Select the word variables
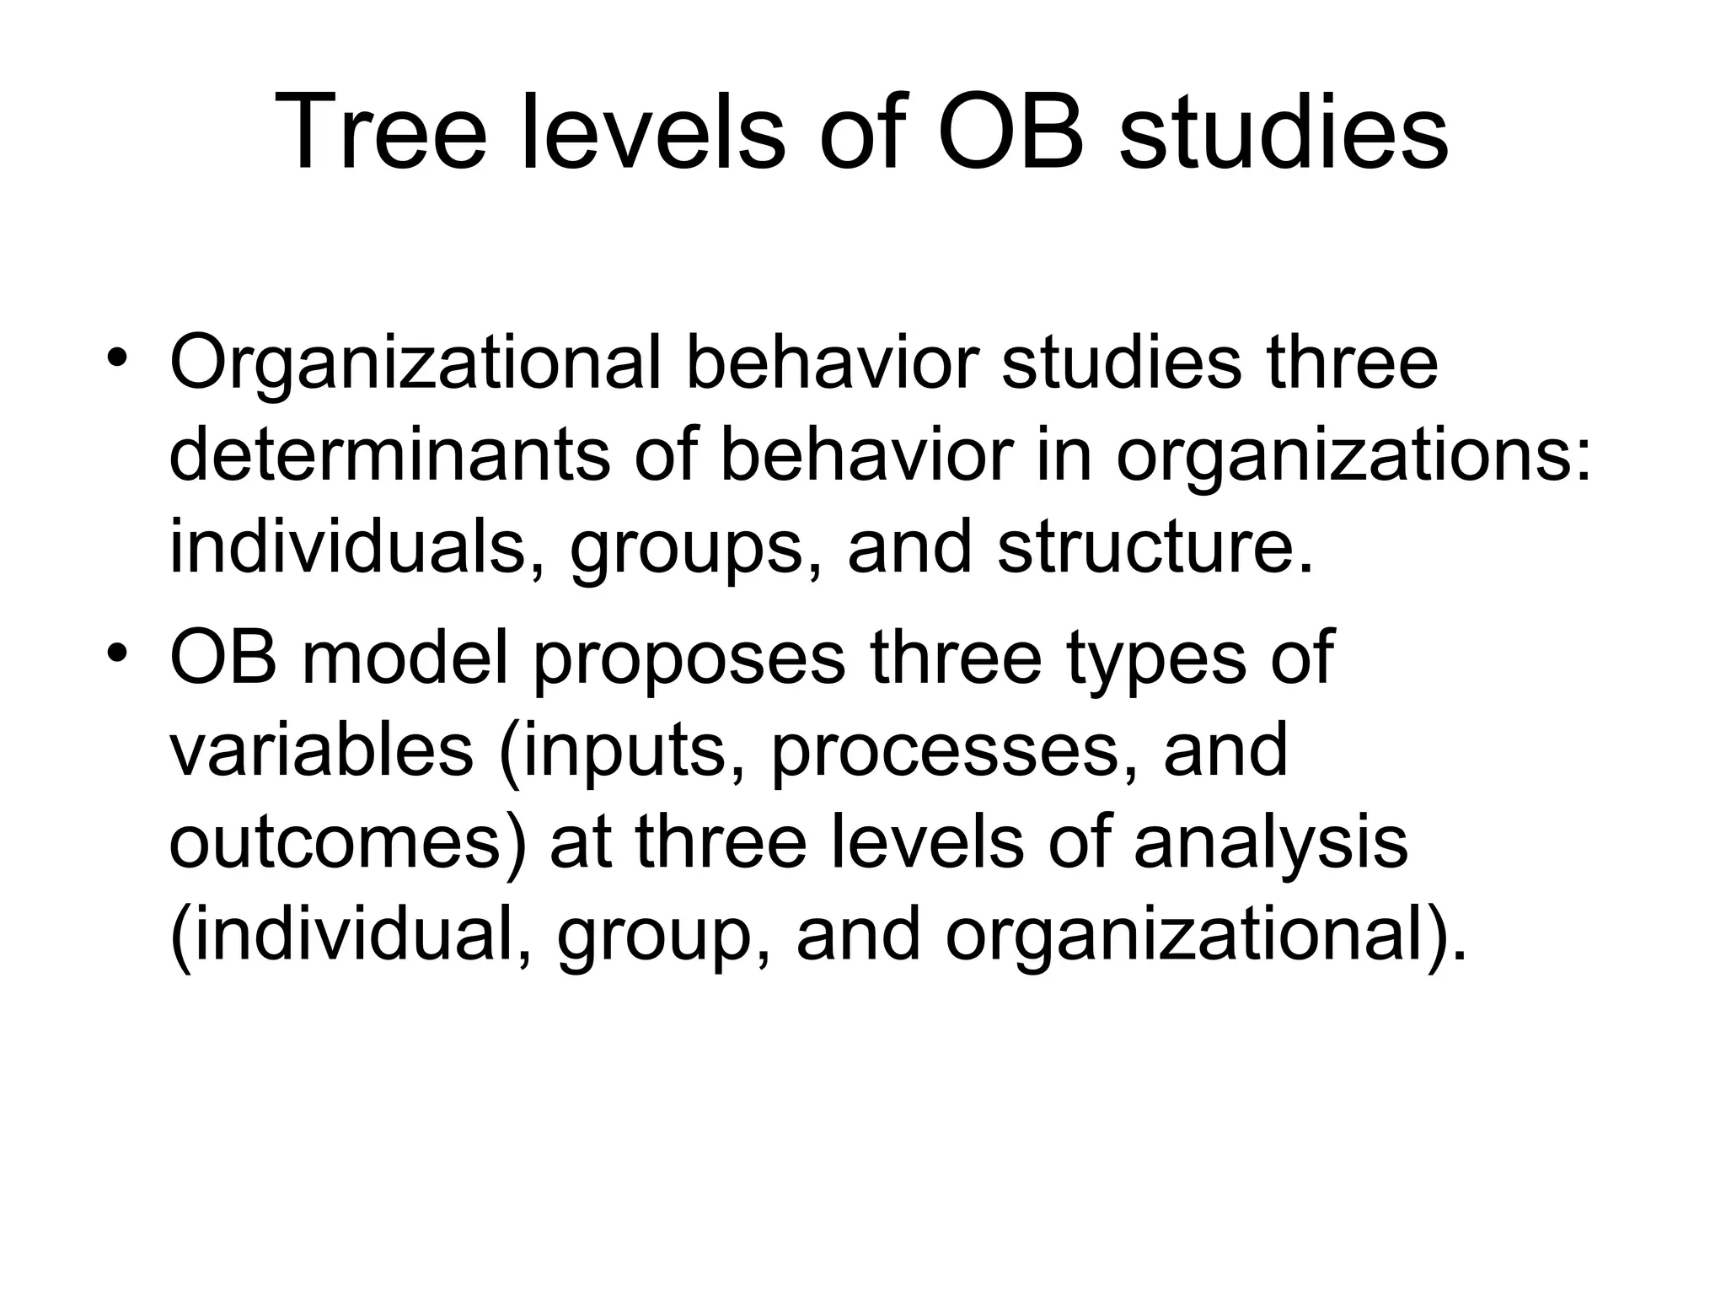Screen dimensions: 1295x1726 coord(321,750)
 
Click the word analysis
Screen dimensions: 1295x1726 coord(1271,844)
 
